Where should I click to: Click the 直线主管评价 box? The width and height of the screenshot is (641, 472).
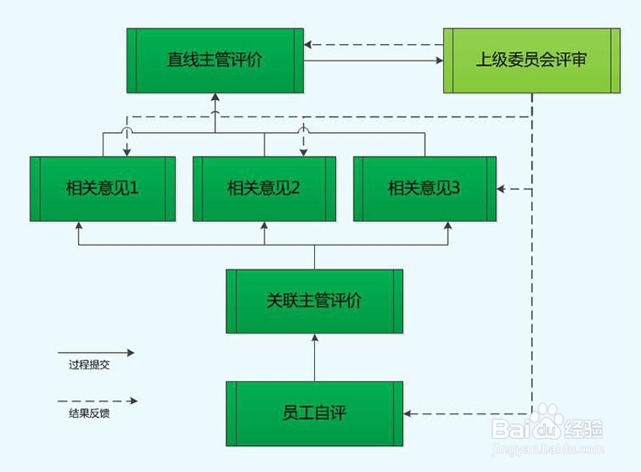pyautogui.click(x=215, y=60)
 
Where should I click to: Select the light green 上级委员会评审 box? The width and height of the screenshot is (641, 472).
pyautogui.click(x=531, y=60)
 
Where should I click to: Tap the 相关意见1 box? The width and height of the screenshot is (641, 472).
pyautogui.click(x=102, y=189)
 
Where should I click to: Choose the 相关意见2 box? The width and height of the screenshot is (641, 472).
pyautogui.click(x=264, y=189)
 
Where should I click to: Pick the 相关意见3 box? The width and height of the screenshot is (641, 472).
pyautogui.click(x=425, y=189)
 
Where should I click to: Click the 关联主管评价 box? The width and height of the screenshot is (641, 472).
pyautogui.click(x=314, y=301)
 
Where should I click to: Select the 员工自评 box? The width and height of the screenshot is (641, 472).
pyautogui.click(x=314, y=412)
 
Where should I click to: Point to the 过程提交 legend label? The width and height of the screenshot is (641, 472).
pyautogui.click(x=89, y=365)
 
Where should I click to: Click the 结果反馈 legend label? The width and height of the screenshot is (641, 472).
pyautogui.click(x=89, y=413)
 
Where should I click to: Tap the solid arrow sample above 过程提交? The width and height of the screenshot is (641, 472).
pyautogui.click(x=95, y=352)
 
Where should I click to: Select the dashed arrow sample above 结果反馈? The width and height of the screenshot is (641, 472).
pyautogui.click(x=95, y=401)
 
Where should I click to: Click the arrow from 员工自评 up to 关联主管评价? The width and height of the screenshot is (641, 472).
pyautogui.click(x=314, y=357)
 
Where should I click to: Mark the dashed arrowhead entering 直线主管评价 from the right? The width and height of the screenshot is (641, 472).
pyautogui.click(x=310, y=44)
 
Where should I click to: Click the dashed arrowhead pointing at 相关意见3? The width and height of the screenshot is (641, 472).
pyautogui.click(x=502, y=189)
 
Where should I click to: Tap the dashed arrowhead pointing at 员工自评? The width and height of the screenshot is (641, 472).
pyautogui.click(x=407, y=413)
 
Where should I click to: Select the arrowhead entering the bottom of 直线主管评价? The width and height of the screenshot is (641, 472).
pyautogui.click(x=215, y=97)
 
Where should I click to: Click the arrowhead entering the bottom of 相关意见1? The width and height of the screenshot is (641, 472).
pyautogui.click(x=80, y=225)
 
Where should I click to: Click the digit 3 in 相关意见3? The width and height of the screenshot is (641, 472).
pyautogui.click(x=456, y=189)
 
